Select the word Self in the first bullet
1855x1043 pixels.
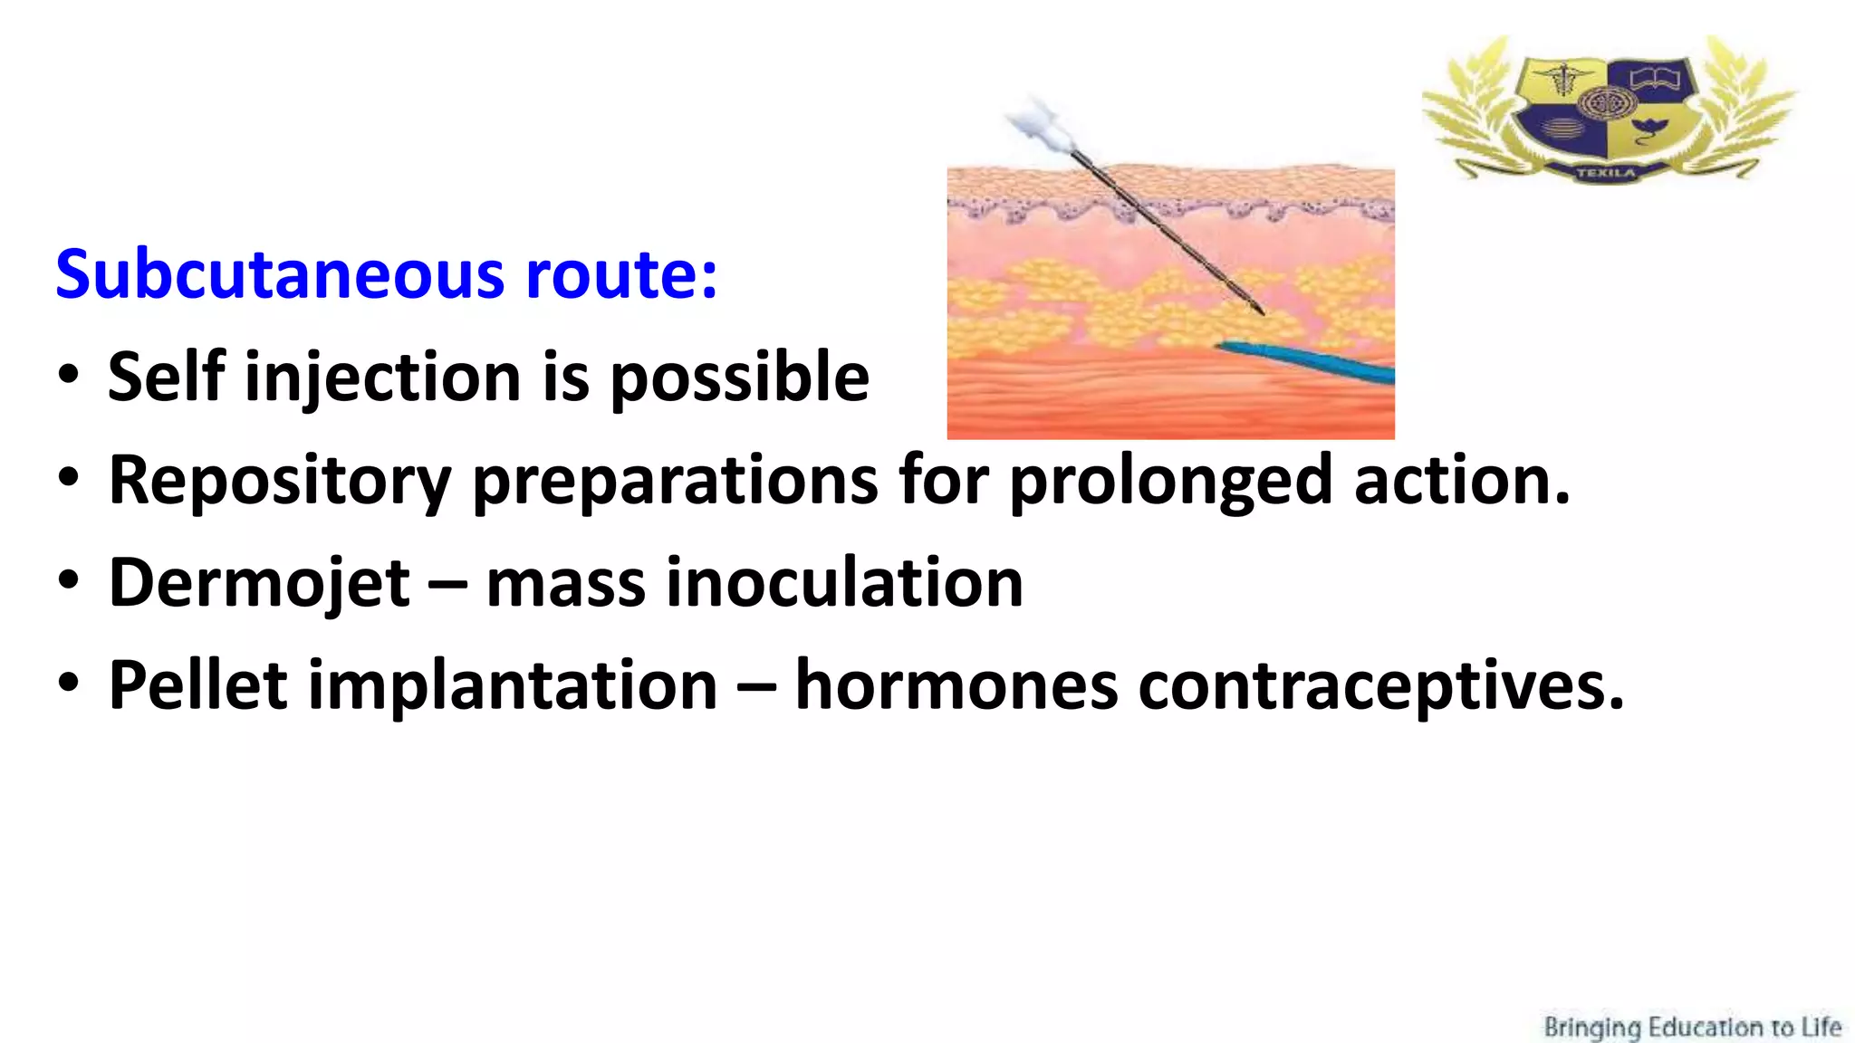coord(166,377)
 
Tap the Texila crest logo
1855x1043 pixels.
coord(1609,109)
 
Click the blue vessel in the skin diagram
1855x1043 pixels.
coord(1313,360)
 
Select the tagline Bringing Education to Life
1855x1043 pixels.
coord(1692,1028)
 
